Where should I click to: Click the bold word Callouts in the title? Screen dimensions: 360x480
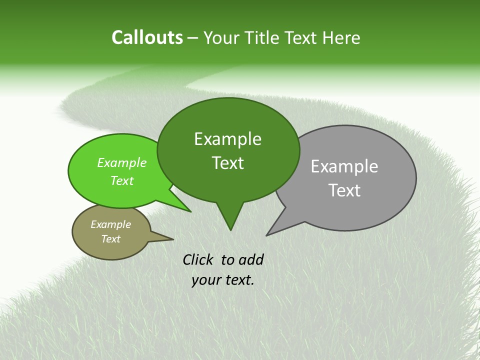click(147, 37)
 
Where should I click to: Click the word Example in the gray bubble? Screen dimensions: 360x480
click(344, 166)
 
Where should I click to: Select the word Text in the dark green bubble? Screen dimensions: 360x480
click(228, 163)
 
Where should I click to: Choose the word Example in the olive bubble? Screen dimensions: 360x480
click(110, 224)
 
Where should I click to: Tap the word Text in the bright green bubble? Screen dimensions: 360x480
click(122, 180)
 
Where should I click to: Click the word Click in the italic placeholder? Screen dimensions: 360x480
click(198, 259)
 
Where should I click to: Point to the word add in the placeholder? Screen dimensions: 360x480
click(250, 259)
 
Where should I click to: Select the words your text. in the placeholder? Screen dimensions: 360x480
click(223, 280)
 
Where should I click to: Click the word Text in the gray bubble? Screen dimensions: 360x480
click(345, 190)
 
